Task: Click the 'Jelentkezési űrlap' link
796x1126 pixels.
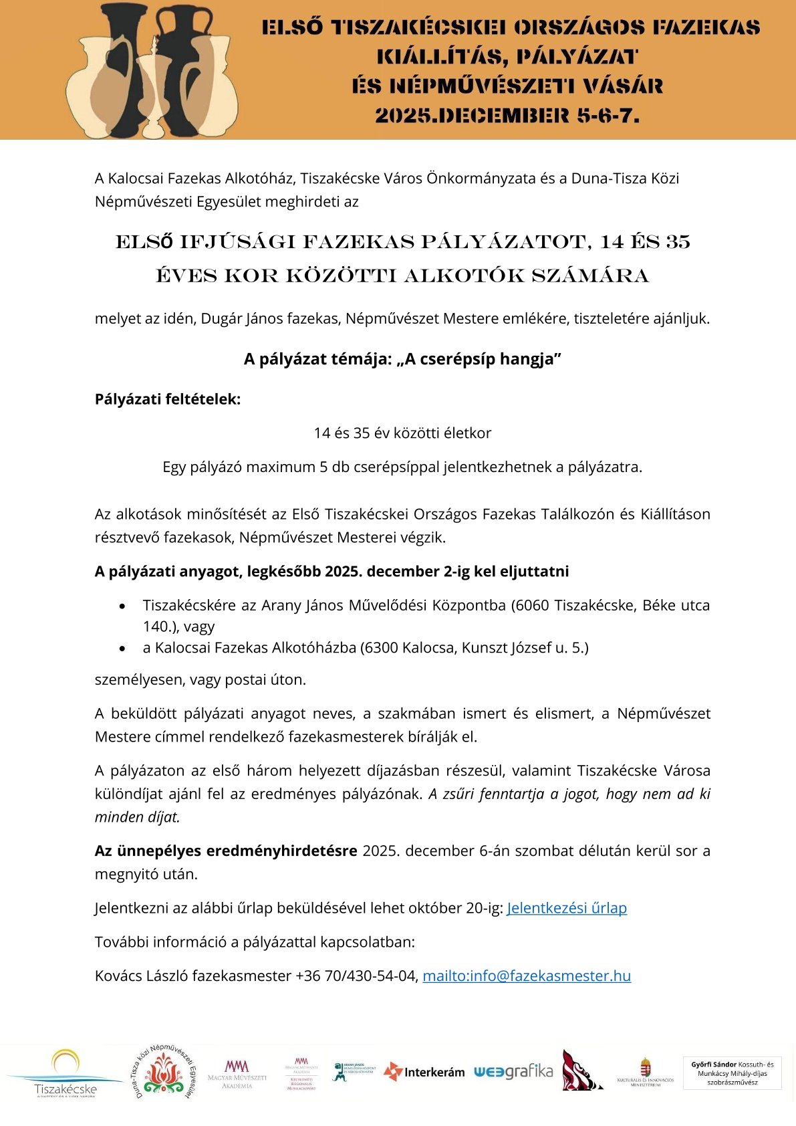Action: click(x=567, y=908)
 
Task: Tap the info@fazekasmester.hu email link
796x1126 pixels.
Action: click(x=527, y=976)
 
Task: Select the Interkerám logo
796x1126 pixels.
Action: click(x=424, y=1072)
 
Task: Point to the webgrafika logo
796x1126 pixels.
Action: click(x=513, y=1072)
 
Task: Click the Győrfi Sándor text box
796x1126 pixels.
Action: click(x=732, y=1073)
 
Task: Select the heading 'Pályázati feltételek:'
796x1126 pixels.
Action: click(x=168, y=399)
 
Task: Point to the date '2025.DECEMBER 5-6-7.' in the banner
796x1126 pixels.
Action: click(x=507, y=116)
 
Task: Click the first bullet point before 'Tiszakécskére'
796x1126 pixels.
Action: click(x=122, y=606)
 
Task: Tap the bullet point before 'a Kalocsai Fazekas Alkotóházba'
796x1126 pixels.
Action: click(x=122, y=648)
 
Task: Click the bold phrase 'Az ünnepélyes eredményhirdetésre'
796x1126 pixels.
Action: click(x=226, y=851)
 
